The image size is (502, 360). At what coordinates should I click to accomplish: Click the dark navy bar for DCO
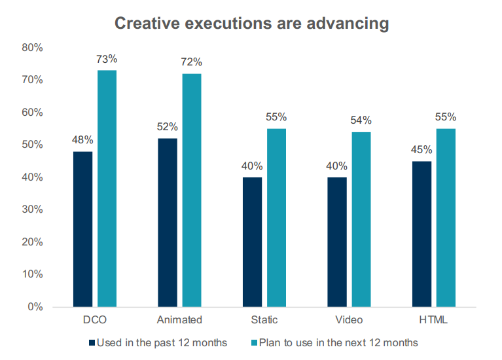pyautogui.click(x=83, y=229)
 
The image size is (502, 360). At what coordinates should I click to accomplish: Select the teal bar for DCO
pyautogui.click(x=107, y=189)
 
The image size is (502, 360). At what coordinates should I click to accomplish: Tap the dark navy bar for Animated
pyautogui.click(x=168, y=223)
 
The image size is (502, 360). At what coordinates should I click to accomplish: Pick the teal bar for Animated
pyautogui.click(x=192, y=190)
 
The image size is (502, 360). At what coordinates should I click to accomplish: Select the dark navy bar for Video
pyautogui.click(x=337, y=242)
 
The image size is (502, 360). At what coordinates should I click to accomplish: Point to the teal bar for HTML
pyautogui.click(x=446, y=217)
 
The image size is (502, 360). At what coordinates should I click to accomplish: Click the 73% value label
pyautogui.click(x=107, y=59)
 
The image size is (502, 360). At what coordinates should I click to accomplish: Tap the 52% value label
pyautogui.click(x=168, y=127)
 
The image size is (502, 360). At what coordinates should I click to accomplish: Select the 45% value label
pyautogui.click(x=422, y=150)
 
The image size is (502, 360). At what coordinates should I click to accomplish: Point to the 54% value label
pyautogui.click(x=361, y=120)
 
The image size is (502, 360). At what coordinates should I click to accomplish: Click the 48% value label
pyautogui.click(x=83, y=140)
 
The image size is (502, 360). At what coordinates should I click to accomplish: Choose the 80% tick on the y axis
pyautogui.click(x=32, y=48)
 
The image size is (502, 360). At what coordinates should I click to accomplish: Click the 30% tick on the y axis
pyautogui.click(x=32, y=209)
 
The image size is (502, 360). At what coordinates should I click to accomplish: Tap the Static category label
pyautogui.click(x=264, y=320)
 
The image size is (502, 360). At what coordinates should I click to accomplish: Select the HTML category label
pyautogui.click(x=434, y=320)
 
